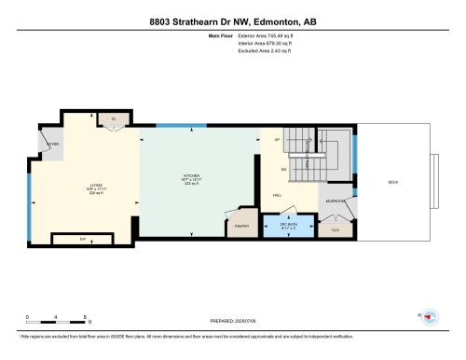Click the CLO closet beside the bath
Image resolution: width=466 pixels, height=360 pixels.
335,228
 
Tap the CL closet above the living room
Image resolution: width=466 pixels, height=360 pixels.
113,119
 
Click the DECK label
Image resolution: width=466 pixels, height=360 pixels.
392,182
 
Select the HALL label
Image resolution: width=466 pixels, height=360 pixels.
278,195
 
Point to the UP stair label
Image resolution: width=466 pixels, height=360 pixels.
277,140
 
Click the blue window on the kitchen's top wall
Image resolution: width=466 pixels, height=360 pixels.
173,125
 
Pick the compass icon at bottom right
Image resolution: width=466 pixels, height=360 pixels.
431,317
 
